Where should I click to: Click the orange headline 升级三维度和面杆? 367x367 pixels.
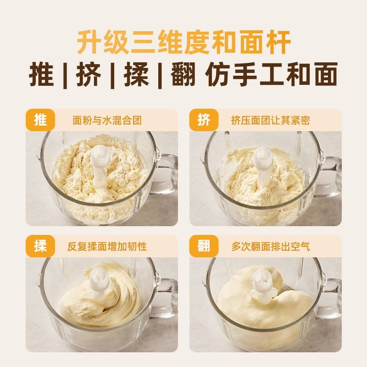pos(183,43)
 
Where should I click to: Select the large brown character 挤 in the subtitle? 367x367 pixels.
pos(88,75)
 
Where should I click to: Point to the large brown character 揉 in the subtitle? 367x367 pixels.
pos(136,75)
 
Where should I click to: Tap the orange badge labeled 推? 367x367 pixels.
pos(40,120)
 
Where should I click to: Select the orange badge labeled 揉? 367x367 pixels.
pos(40,246)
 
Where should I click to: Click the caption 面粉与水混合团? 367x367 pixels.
pos(107,121)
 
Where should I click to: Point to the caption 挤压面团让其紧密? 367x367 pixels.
pos(270,121)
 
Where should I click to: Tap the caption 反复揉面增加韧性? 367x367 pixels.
pos(107,247)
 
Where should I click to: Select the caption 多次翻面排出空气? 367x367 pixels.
pos(270,247)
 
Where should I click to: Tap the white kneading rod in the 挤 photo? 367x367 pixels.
pos(263,165)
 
